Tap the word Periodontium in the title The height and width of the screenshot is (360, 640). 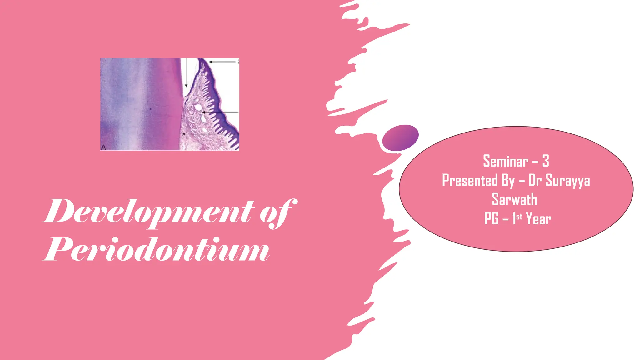[156, 250]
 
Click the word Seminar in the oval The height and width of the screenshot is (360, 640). [506, 161]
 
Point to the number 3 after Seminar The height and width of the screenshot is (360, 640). [546, 161]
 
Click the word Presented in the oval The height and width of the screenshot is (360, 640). [470, 181]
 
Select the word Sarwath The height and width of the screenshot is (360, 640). [514, 200]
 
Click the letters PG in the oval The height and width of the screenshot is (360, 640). [491, 219]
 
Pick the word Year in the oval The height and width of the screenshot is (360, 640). [538, 219]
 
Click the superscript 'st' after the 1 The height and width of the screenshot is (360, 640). [519, 216]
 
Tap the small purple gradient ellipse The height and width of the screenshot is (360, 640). [400, 138]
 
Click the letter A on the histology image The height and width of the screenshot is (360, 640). [104, 147]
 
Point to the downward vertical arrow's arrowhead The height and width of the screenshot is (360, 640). [186, 85]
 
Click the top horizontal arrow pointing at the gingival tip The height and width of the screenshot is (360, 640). [222, 62]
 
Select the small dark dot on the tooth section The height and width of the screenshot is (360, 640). [150, 109]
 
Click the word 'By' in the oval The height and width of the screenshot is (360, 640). [508, 181]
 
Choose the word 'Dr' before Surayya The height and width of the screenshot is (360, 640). [535, 181]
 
